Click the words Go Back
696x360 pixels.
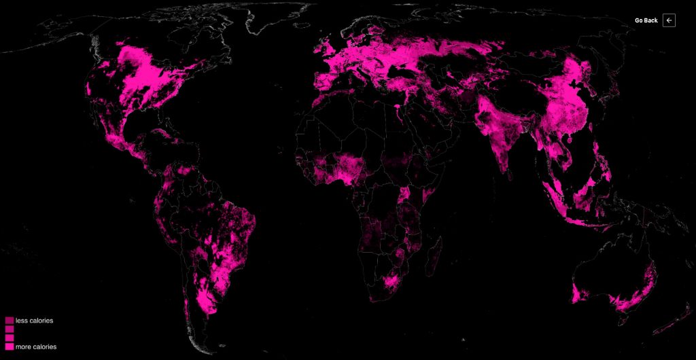pyautogui.click(x=646, y=20)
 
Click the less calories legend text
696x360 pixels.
pyautogui.click(x=34, y=321)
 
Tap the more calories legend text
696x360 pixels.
pyautogui.click(x=35, y=346)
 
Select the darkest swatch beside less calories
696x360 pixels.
pyautogui.click(x=10, y=321)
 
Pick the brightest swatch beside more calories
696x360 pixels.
pyautogui.click(x=10, y=346)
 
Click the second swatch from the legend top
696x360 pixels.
pyautogui.click(x=10, y=329)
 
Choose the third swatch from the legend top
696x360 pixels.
pyautogui.click(x=10, y=338)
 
